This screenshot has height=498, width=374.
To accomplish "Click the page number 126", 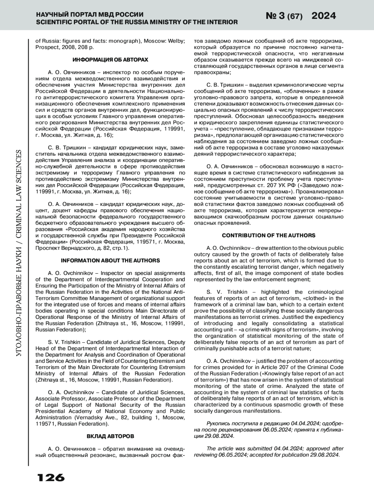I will click(51, 477).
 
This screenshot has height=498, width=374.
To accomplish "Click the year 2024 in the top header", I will click(324, 16).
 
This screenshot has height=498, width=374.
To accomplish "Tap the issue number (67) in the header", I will click(295, 17).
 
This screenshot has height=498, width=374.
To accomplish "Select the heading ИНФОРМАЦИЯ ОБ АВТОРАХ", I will click(110, 59).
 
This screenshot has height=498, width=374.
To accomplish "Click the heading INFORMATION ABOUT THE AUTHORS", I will click(110, 260).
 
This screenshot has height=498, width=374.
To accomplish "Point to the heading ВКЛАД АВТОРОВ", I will click(110, 436).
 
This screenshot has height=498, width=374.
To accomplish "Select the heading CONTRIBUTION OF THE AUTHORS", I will click(269, 235).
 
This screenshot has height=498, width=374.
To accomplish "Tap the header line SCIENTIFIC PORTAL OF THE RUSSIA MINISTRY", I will click(137, 22).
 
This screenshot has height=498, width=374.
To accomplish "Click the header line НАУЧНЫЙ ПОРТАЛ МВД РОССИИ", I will click(90, 15).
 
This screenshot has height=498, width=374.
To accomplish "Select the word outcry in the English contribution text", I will click(202, 254).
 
